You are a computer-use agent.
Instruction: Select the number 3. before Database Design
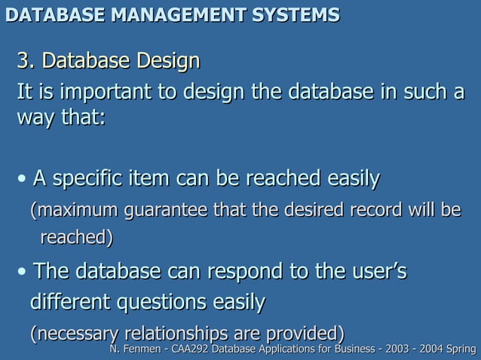click(x=27, y=59)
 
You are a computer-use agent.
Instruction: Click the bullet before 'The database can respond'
click(x=24, y=271)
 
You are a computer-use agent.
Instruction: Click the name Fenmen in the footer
click(x=140, y=349)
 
